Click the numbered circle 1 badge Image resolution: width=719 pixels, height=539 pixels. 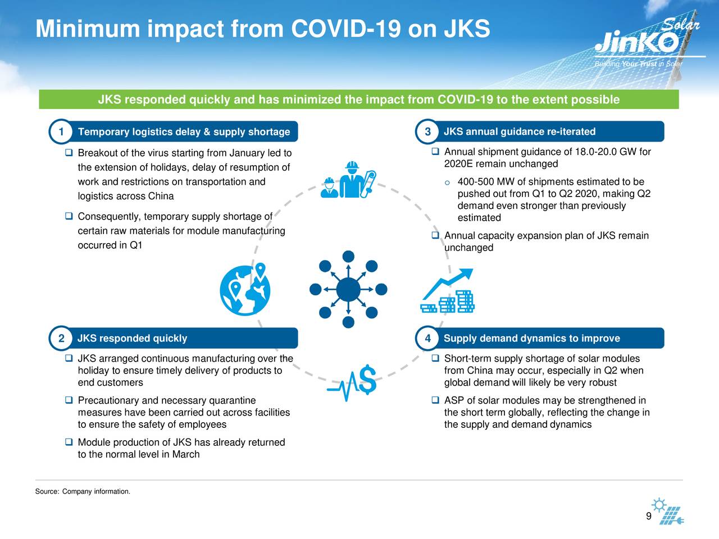(x=61, y=131)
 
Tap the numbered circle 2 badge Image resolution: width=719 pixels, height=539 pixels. (x=61, y=338)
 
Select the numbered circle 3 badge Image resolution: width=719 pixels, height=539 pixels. (x=427, y=131)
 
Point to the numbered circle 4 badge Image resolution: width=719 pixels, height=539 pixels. (x=427, y=338)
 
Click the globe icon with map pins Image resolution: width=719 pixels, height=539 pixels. (x=245, y=289)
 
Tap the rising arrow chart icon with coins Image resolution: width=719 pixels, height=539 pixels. (x=448, y=291)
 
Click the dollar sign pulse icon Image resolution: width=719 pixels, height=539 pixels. (x=352, y=382)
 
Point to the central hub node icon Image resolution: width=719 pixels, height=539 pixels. (x=348, y=289)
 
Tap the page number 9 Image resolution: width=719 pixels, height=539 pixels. (x=649, y=516)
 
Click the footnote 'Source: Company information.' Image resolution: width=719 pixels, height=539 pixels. (x=83, y=491)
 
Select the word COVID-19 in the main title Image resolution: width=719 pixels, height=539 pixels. (x=346, y=29)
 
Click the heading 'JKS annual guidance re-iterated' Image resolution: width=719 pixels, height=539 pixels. (x=520, y=131)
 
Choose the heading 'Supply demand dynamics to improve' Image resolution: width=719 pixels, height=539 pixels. (x=531, y=338)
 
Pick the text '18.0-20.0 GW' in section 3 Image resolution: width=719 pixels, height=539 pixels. (x=596, y=152)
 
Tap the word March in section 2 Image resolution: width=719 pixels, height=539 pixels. (x=186, y=454)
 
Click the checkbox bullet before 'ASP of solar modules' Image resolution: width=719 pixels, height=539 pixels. (x=435, y=400)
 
